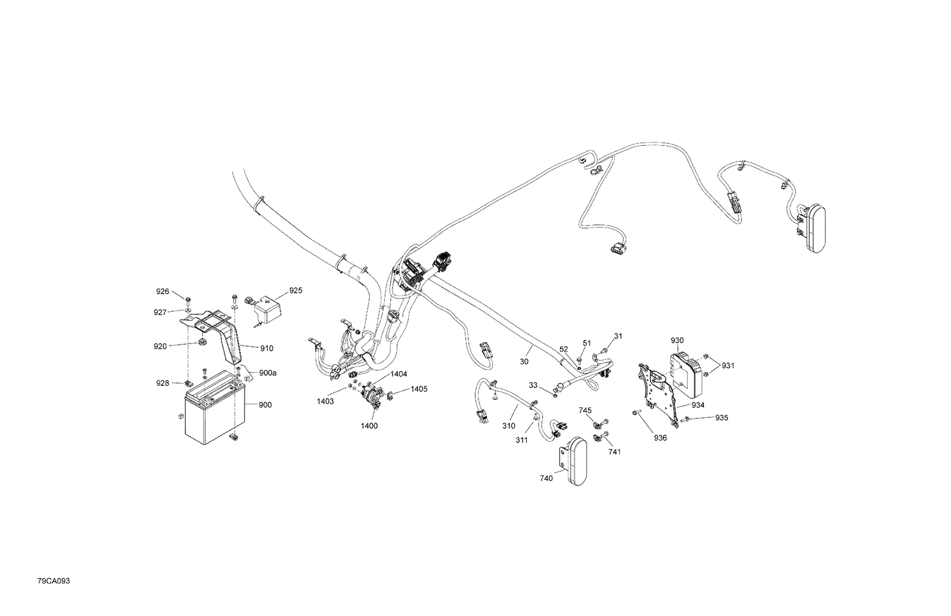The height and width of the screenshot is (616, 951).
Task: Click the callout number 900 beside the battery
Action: click(x=265, y=405)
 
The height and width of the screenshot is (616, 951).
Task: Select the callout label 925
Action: click(x=295, y=291)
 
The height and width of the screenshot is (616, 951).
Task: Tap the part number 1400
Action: click(x=369, y=426)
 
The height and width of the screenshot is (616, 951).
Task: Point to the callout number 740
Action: click(x=546, y=478)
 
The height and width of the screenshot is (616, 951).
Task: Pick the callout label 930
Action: click(x=677, y=341)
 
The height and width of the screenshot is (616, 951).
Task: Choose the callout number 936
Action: click(x=660, y=437)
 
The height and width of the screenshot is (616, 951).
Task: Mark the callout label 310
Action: click(x=508, y=427)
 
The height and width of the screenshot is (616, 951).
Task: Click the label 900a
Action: click(x=267, y=373)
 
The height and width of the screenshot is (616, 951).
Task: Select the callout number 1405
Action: click(x=419, y=388)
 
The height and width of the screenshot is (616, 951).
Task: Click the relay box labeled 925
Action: click(x=267, y=310)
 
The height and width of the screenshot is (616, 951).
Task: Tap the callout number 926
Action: click(x=162, y=292)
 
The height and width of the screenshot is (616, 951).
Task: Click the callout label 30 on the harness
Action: click(x=524, y=361)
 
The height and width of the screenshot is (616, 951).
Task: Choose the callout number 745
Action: click(x=585, y=411)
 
